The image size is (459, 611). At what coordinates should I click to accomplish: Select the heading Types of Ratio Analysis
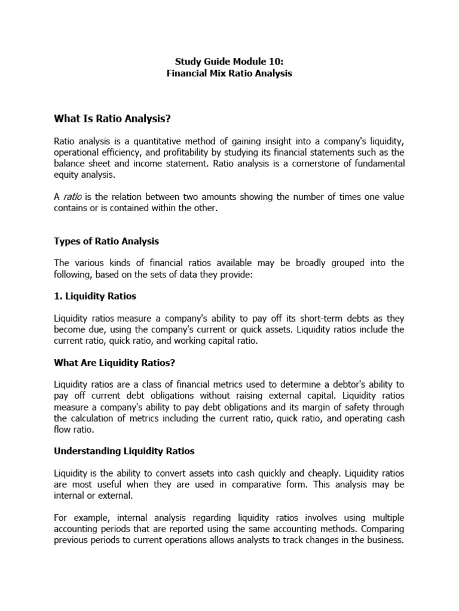coord(106,242)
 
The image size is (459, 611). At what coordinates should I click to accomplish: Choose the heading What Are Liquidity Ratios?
coord(114,363)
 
